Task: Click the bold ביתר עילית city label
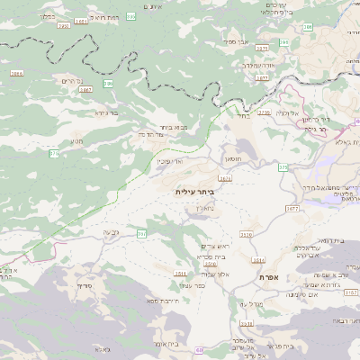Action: point(194,193)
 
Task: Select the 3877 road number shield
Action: point(262,77)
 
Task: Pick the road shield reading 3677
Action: point(291,208)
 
